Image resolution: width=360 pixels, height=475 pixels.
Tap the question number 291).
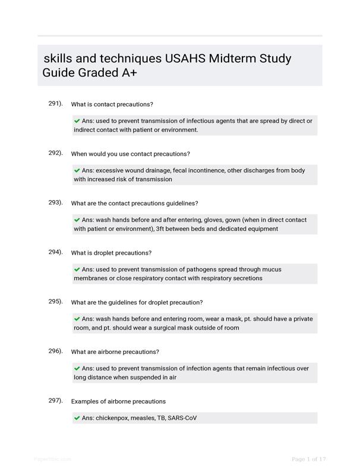tap(55, 103)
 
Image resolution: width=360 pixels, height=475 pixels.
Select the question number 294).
tap(55, 252)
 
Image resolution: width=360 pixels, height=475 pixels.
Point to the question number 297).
tap(55, 400)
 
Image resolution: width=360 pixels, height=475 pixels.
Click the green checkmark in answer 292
tap(77, 170)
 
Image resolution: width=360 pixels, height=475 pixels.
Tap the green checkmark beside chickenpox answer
tap(77, 418)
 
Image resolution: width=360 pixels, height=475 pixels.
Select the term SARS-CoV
tap(182, 418)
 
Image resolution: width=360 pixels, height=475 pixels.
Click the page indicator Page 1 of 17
tap(309, 459)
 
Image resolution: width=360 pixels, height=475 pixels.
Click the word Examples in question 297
tap(86, 401)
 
